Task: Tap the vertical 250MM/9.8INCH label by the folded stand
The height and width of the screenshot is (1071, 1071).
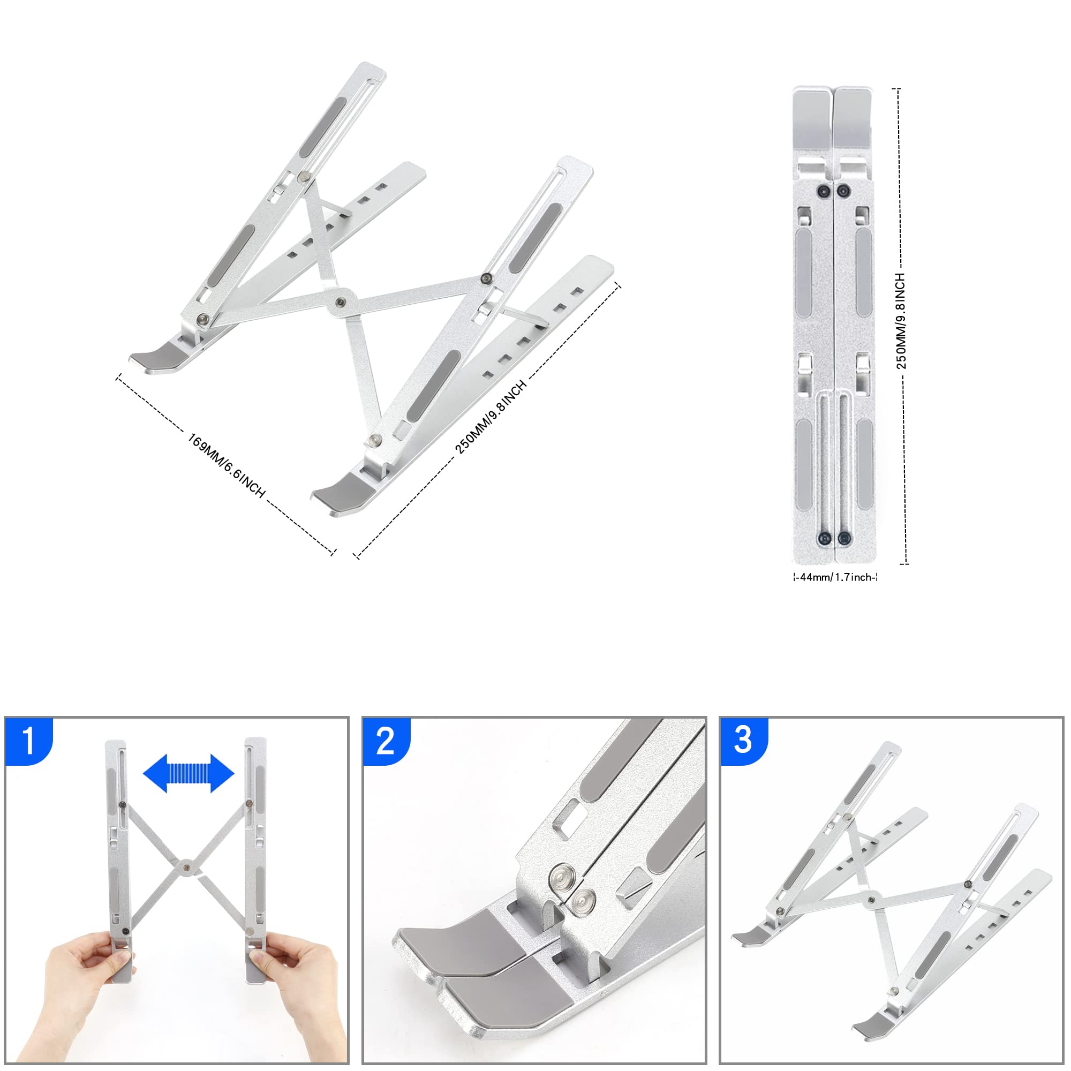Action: (x=901, y=320)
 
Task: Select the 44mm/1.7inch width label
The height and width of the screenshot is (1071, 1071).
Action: (x=835, y=577)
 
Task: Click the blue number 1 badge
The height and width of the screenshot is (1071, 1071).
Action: (x=28, y=741)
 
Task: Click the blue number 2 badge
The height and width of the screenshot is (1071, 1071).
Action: (x=385, y=741)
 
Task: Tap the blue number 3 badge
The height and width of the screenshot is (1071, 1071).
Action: (x=743, y=741)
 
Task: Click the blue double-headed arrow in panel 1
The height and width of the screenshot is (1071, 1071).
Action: (x=188, y=773)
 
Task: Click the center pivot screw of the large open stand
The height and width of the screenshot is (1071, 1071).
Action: (x=341, y=302)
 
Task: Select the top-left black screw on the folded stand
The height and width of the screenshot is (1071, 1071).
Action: (x=824, y=191)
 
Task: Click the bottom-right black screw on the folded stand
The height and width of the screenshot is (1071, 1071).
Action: (x=844, y=538)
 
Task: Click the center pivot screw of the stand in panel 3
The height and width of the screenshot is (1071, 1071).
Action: (x=872, y=901)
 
